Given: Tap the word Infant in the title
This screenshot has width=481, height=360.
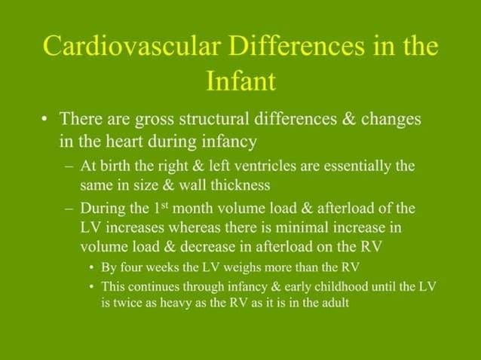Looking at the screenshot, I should click(x=240, y=81).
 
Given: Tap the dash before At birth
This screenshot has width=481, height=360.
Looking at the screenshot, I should click(x=70, y=166).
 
